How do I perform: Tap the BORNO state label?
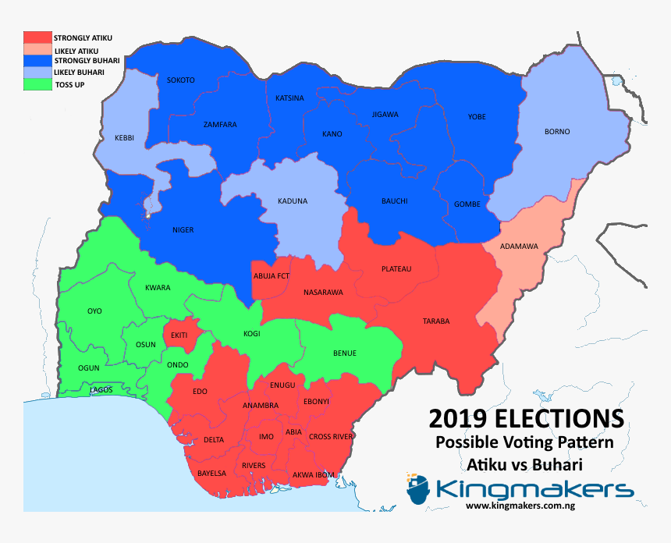point(557,132)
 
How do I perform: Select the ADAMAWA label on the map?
point(519,247)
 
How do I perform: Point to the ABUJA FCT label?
point(272,276)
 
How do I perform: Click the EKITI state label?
point(179,335)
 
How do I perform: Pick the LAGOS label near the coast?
point(101,389)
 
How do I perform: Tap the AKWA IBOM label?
point(314,474)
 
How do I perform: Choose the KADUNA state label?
point(293,201)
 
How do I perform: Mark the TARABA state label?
point(436,321)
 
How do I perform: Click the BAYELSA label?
point(211,474)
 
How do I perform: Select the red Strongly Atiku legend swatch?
point(37,37)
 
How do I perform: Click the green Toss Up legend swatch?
point(37,83)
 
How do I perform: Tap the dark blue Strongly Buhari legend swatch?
point(37,60)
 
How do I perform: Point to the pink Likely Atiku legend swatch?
point(37,49)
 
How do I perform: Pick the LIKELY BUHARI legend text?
point(79,73)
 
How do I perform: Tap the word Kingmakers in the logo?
point(534,490)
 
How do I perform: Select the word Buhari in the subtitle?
point(556,464)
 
